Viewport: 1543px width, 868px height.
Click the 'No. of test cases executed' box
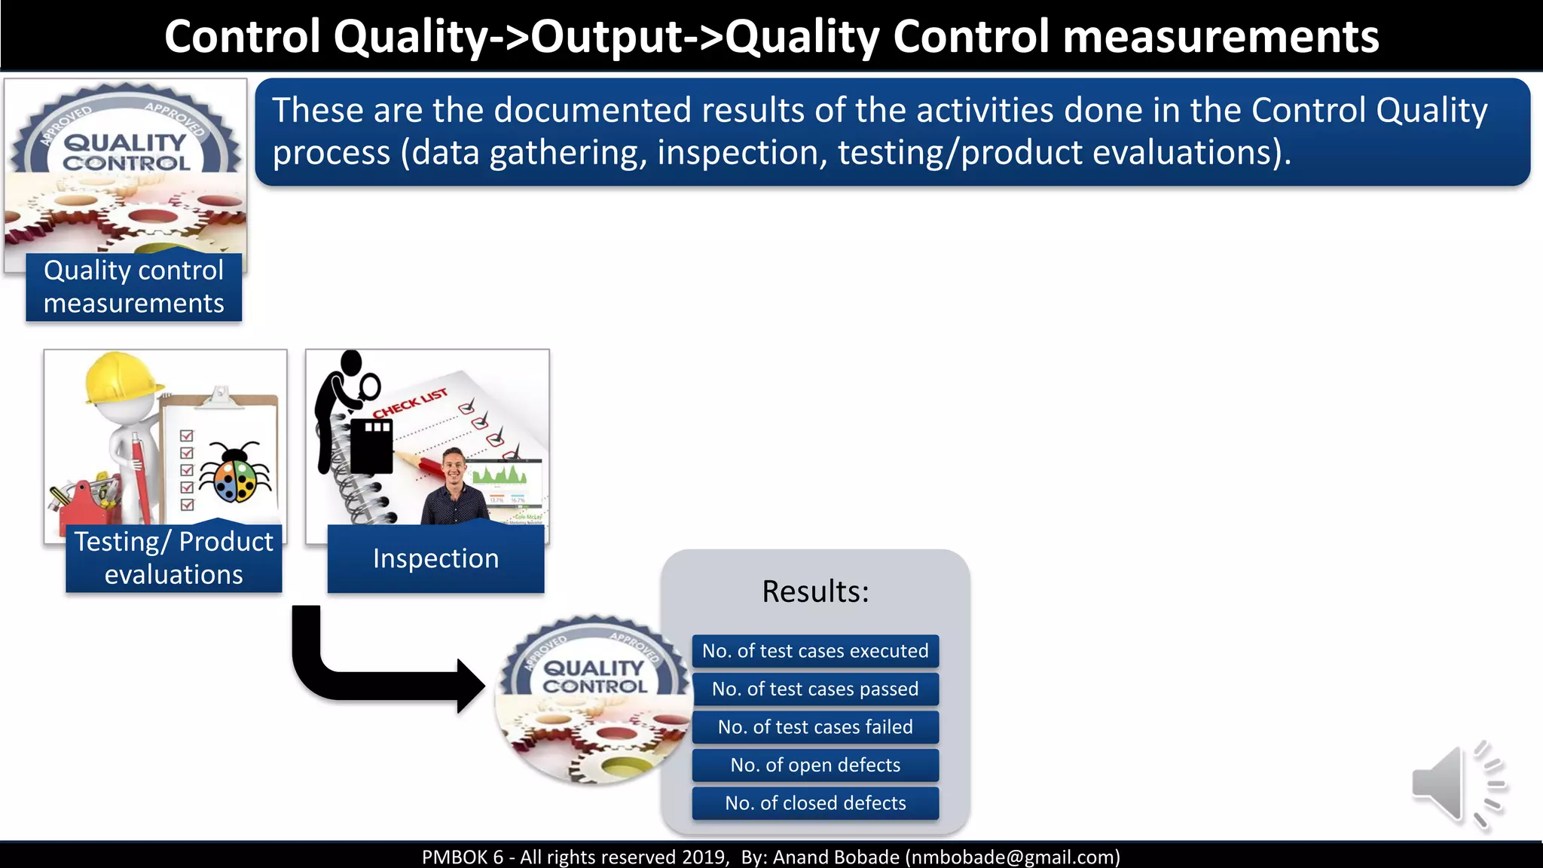click(x=815, y=651)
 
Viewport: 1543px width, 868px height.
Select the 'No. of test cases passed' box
click(x=815, y=689)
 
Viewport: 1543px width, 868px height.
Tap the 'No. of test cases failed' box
click(x=815, y=727)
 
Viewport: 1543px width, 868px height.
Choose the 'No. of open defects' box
click(x=815, y=765)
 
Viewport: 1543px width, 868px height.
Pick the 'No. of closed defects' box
click(x=815, y=803)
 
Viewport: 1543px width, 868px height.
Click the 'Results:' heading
click(x=815, y=591)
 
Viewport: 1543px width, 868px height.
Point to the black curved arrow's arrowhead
click(x=470, y=686)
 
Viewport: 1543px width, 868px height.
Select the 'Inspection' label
click(x=435, y=558)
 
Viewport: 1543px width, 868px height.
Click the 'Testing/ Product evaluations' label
click(x=173, y=558)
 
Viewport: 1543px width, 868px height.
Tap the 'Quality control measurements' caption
click(x=133, y=286)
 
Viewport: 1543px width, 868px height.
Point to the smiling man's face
click(x=454, y=468)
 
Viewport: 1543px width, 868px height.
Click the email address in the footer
click(x=1013, y=857)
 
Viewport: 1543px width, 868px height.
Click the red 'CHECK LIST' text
click(x=411, y=403)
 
